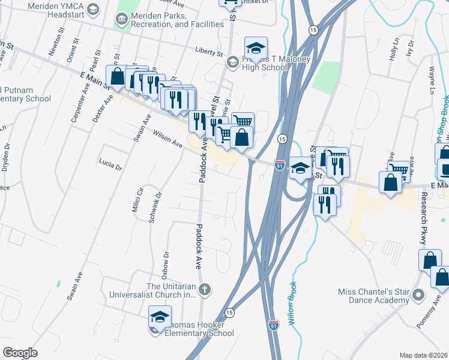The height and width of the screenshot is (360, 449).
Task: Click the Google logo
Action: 20,353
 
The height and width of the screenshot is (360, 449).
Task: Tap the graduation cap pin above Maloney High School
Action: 256,49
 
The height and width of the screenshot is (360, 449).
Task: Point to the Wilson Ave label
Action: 167,139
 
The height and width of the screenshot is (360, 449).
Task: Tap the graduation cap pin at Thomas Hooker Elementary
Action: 160,317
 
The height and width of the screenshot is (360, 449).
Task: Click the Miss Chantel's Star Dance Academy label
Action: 373,296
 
